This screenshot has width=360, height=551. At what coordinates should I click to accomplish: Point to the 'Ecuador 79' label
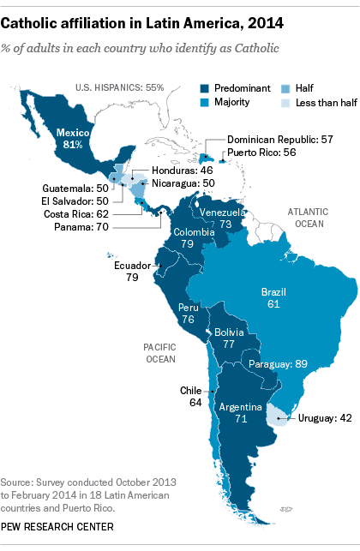(133, 272)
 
